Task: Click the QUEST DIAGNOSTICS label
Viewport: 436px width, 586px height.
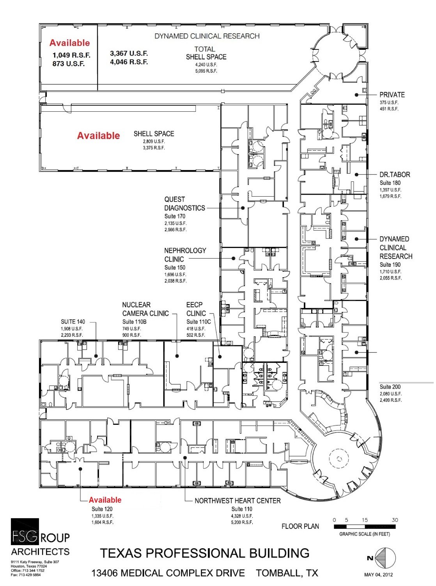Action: [x=184, y=204]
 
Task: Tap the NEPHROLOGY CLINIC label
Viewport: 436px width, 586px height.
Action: [x=185, y=255]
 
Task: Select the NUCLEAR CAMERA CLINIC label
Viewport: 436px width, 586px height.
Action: [x=145, y=309]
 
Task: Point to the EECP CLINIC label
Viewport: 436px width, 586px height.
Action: [x=196, y=309]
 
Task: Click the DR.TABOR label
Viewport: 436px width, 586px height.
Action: [x=395, y=175]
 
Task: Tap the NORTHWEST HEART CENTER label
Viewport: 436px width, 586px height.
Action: [x=237, y=501]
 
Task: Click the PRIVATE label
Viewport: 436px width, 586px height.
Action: [x=392, y=95]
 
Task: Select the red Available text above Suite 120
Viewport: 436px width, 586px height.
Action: [x=105, y=500]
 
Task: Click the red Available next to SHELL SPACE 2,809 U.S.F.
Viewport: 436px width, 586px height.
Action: [x=99, y=136]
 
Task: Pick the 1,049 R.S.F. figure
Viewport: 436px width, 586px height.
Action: [x=71, y=55]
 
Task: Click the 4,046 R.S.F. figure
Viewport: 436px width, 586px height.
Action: [x=129, y=62]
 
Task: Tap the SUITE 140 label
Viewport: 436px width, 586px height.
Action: [x=73, y=322]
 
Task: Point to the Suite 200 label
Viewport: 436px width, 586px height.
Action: [x=390, y=387]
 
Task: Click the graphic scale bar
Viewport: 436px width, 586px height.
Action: [x=365, y=526]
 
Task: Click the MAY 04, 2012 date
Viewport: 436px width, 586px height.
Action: [x=379, y=574]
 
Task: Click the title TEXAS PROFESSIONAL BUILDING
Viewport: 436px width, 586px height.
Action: [x=205, y=553]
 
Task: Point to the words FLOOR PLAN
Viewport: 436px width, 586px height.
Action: [x=300, y=526]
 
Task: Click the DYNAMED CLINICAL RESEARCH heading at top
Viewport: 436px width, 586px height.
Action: [x=207, y=36]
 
